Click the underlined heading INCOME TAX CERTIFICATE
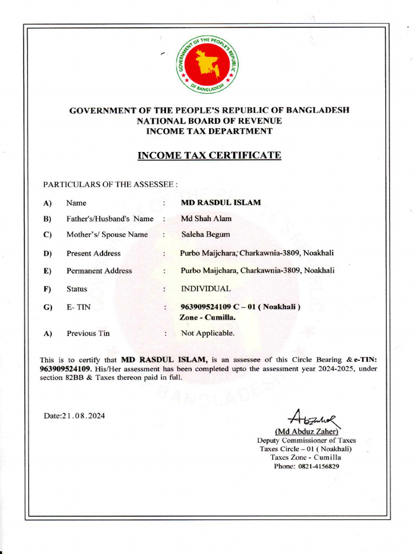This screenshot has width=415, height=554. pos(210,156)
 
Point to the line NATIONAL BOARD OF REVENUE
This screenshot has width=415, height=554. pos(210,121)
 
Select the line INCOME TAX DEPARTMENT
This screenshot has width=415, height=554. pos(210,131)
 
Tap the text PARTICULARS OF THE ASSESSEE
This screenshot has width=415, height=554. pos(110,184)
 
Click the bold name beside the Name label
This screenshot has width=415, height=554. pos(220,202)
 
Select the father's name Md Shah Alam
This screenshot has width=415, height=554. pos(206,219)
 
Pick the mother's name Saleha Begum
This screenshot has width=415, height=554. pos(205,234)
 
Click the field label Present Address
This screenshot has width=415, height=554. pos(93,253)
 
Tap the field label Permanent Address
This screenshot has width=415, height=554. pos(99,271)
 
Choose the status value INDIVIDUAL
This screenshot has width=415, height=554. pos(205,289)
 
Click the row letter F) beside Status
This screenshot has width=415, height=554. pos(48,289)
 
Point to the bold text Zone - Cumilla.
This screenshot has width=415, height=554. pos(204,317)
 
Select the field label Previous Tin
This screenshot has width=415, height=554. pos(88,333)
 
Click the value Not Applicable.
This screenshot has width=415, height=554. pos(207,333)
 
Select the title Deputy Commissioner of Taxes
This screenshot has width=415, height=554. pos(306,440)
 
